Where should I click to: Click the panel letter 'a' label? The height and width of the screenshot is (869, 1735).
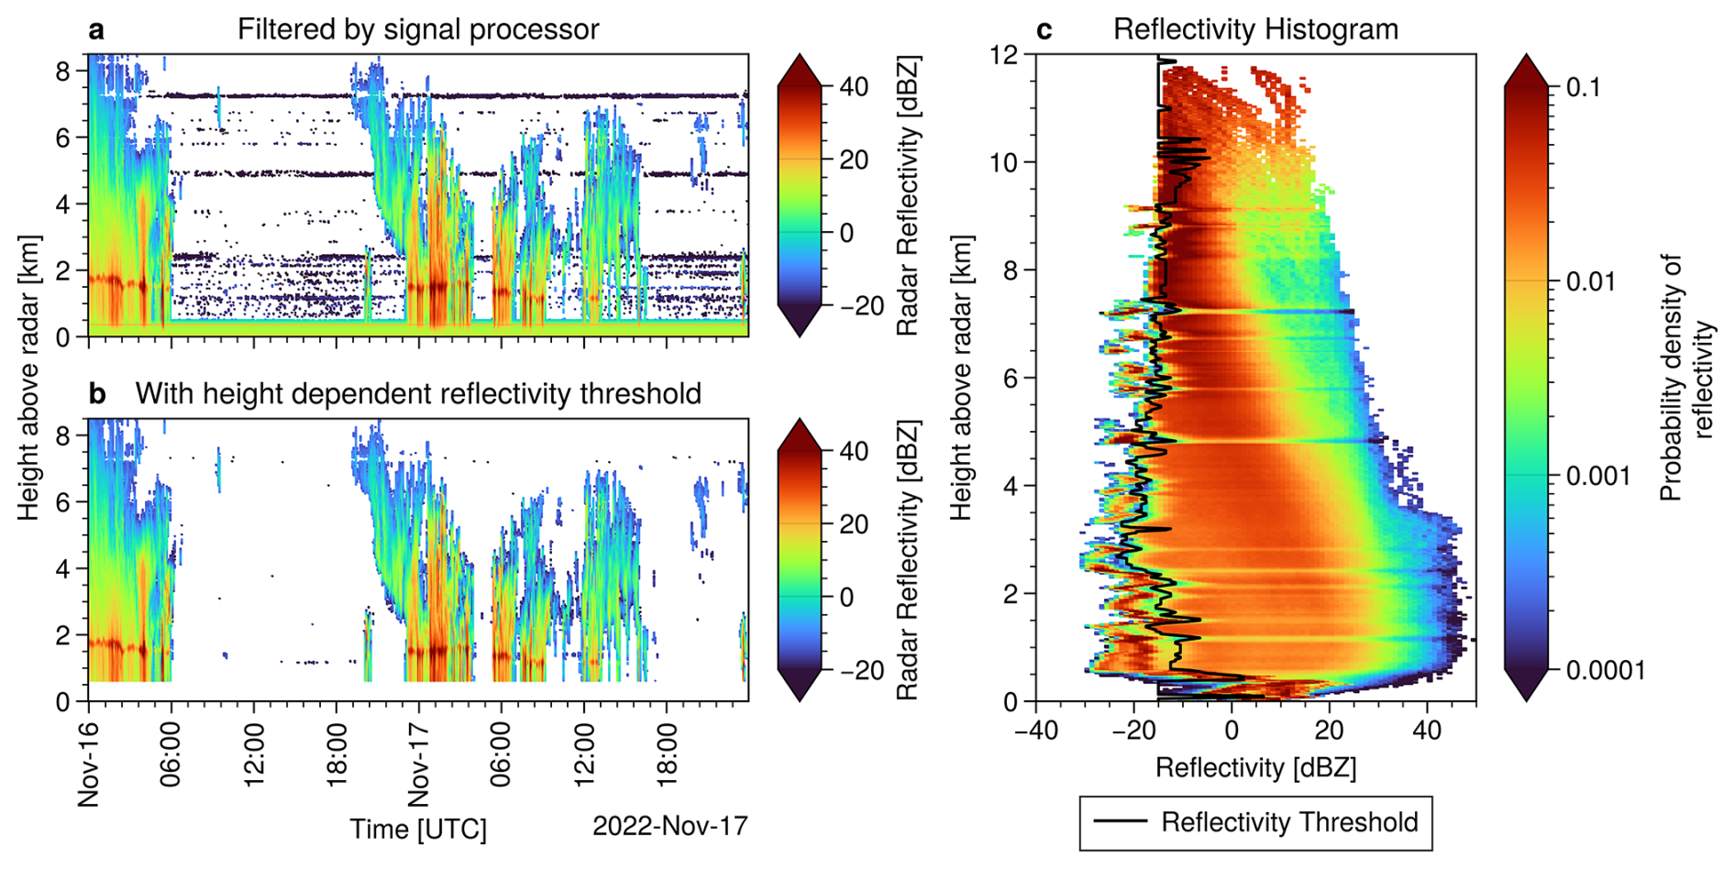click(96, 30)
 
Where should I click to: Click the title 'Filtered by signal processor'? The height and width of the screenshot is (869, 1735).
click(418, 29)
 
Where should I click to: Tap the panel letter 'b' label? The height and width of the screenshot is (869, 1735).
click(96, 393)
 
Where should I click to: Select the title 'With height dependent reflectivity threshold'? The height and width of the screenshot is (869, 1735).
click(418, 393)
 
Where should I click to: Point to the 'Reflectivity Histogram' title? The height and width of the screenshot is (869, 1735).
click(1255, 29)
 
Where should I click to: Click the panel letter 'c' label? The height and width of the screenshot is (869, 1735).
click(1044, 30)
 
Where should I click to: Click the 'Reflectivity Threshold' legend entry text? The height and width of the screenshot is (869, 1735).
click(1289, 822)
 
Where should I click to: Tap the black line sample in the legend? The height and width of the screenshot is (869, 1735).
click(1121, 822)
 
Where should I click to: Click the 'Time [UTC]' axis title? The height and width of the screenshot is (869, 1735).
click(418, 829)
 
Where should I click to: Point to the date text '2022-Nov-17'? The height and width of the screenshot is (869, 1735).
click(670, 826)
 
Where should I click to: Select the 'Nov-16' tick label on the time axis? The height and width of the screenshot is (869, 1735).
click(89, 764)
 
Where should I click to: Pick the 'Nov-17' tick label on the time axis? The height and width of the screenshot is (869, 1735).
click(419, 764)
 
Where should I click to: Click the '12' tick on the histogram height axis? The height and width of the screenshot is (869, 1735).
click(1005, 55)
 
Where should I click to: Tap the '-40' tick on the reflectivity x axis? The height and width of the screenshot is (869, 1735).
click(1036, 731)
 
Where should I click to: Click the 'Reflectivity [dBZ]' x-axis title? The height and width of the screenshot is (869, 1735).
click(1255, 767)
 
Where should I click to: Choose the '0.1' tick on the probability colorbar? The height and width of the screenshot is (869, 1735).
click(1584, 88)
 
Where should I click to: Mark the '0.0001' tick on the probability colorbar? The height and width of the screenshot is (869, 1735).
click(1605, 670)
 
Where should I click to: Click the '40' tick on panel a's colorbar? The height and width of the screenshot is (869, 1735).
click(854, 88)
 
